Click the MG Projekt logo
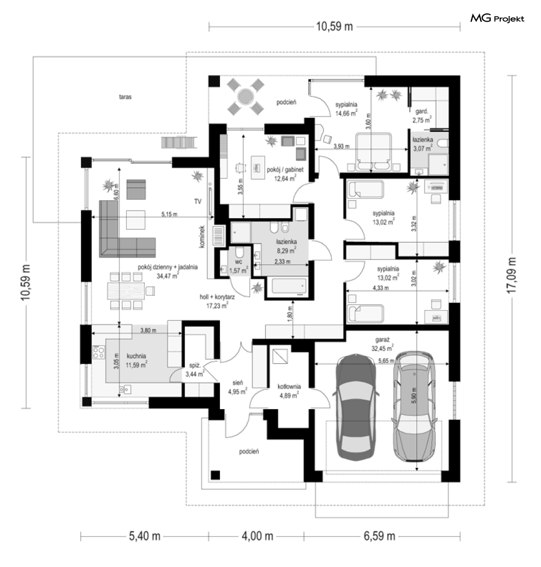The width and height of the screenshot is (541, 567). coord(497,19)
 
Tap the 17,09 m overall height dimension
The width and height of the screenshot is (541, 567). coord(512,275)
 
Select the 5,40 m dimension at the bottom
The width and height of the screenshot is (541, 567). coord(144,536)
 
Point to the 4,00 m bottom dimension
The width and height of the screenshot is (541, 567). coord(257,536)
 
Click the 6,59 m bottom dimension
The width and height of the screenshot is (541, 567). coord(379,536)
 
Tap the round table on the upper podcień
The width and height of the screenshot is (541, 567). coord(246,96)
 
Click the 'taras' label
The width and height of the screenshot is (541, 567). coord(125,97)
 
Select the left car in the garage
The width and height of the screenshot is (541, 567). coord(357,407)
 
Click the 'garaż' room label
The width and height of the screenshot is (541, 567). coord(382,340)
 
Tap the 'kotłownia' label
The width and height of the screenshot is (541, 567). coord(289,386)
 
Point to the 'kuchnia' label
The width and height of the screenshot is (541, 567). coord(136,356)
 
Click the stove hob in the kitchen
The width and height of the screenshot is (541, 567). coord(98,352)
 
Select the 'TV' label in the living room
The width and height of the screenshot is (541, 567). coord(197,201)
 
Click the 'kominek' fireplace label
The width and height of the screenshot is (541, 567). coord(202,237)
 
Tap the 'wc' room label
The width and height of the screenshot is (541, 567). coord(239,262)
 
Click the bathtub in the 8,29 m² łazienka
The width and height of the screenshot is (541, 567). coord(289,286)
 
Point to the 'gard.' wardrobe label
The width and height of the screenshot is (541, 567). coord(421,111)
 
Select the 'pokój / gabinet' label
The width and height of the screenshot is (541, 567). coord(285,169)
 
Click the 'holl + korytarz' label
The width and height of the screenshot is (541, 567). coord(217,297)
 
